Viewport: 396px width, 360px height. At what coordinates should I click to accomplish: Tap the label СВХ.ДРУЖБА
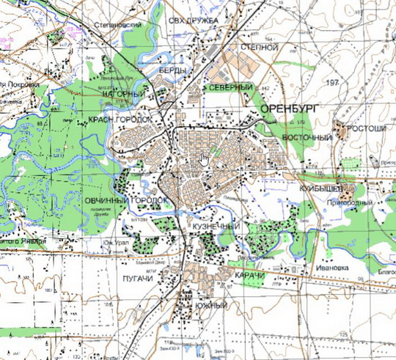[x=194, y=20]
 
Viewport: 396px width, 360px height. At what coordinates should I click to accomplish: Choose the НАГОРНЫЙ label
[x=122, y=95]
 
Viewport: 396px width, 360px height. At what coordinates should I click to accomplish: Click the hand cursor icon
[x=205, y=158]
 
